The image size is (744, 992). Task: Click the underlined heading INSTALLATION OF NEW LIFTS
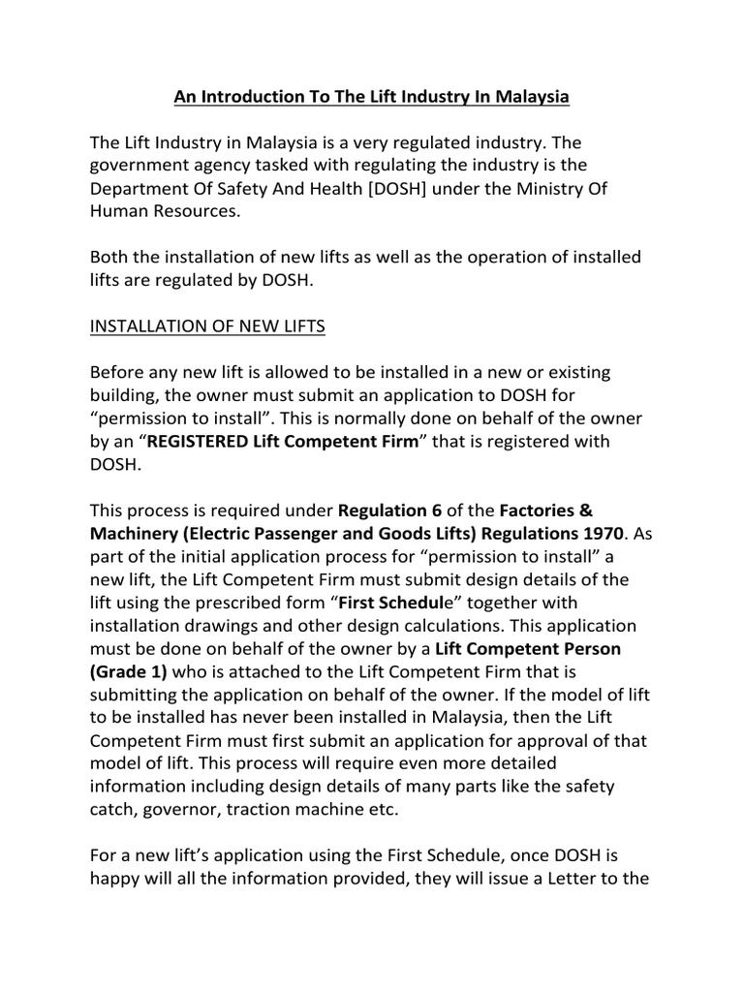(x=207, y=326)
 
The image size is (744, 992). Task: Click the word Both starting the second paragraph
(x=109, y=258)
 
